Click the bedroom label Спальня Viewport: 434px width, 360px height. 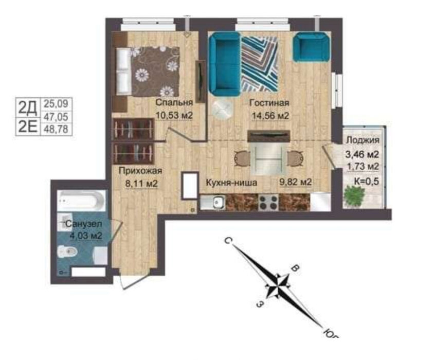[174, 102]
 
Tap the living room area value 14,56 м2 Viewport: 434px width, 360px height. [270, 115]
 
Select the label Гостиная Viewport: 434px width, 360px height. [269, 103]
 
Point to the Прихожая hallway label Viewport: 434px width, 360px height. [140, 171]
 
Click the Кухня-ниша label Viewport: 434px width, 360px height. [232, 183]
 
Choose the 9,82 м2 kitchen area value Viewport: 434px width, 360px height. [296, 182]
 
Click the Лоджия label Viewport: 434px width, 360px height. [363, 140]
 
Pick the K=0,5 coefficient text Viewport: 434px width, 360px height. [367, 182]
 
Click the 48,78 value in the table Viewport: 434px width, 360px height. [56, 129]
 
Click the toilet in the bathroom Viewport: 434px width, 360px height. [67, 251]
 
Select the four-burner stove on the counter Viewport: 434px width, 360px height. [268, 202]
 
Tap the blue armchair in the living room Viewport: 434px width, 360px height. [312, 46]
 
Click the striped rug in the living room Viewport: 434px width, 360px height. [259, 64]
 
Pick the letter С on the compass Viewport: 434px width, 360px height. [227, 241]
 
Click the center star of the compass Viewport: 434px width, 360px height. [278, 286]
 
